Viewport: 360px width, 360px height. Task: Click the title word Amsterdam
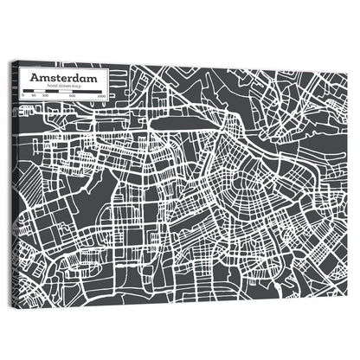[64, 77]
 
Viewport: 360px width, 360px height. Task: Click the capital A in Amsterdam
[35, 77]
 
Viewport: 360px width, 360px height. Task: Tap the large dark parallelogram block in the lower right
[286, 251]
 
